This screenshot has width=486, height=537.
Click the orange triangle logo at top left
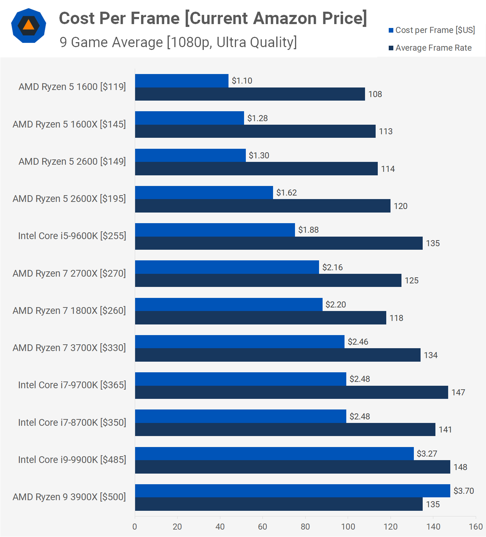coord(29,26)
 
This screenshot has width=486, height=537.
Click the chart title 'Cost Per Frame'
coord(119,18)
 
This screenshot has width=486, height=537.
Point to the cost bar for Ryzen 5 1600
coord(181,81)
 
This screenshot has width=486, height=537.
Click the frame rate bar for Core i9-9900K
coord(292,467)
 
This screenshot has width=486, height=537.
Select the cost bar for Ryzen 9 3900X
coord(292,491)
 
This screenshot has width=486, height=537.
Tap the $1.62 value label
coord(287,193)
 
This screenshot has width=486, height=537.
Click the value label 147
coord(458,392)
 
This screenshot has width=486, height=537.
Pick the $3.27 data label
coord(427,454)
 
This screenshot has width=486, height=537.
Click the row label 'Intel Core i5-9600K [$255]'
coord(72,236)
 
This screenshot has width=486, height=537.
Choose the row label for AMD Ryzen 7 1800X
coord(69,311)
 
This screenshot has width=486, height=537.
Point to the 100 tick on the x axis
coord(348,527)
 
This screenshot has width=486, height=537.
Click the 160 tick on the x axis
coord(476,527)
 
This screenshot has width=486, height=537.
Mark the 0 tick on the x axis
coord(135,527)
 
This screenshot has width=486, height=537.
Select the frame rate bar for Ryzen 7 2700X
coord(268,281)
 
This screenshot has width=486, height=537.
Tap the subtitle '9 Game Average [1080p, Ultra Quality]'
coord(178,42)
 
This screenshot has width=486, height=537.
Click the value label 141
coord(445,430)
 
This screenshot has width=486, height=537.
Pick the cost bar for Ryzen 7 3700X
coord(239,342)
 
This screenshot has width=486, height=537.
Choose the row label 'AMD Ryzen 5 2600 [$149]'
coord(72,162)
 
